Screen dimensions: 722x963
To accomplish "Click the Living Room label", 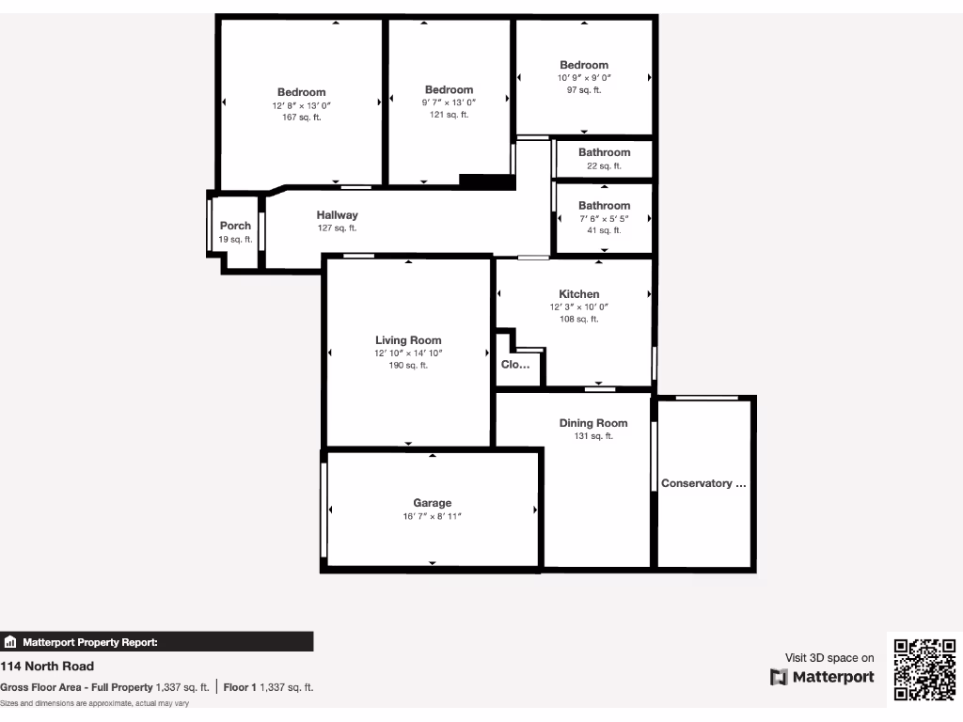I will [408, 340].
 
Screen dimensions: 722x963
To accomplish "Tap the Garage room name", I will [432, 503].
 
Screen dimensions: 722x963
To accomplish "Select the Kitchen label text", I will [578, 294].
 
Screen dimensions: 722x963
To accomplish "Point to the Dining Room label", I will [592, 423].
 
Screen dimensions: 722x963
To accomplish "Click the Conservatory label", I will [703, 483].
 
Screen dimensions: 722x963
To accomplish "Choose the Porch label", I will [235, 226].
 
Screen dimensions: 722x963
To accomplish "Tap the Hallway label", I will [337, 215].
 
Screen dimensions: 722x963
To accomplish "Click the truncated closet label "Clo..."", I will [515, 365].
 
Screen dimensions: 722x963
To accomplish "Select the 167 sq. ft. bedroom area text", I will [301, 118].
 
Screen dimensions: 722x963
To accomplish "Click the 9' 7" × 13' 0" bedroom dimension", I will [449, 102].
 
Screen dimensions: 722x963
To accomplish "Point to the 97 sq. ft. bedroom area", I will [584, 90].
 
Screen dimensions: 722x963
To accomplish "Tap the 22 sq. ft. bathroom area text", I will [604, 165].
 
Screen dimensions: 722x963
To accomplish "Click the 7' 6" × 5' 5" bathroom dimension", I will [604, 218].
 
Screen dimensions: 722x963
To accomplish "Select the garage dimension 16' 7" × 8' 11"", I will [432, 516].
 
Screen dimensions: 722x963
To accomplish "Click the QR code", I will [924, 668].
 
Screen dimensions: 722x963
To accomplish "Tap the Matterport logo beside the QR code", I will [822, 677].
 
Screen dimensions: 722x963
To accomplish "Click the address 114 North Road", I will [47, 667].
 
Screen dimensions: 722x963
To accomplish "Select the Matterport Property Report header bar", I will [156, 642].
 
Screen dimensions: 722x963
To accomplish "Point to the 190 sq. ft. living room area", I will [408, 366].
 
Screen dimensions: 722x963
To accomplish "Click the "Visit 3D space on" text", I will [829, 658].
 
